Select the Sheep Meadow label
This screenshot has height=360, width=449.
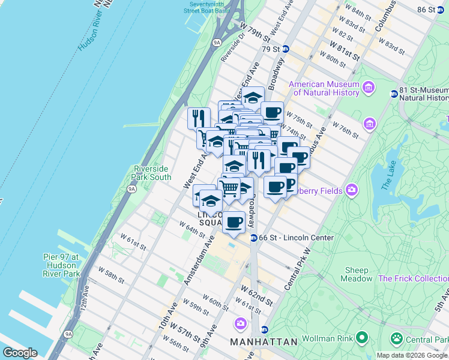click(x=357, y=274)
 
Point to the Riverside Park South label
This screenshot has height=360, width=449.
click(x=152, y=173)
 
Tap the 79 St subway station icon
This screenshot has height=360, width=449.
click(x=286, y=49)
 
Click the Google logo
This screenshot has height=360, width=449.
click(x=20, y=353)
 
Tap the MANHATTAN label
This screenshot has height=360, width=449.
click(x=264, y=341)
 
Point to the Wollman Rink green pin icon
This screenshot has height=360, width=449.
click(x=362, y=338)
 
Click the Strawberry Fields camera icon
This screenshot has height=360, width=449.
click(x=352, y=191)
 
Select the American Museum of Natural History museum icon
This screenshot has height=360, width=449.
click(x=368, y=89)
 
